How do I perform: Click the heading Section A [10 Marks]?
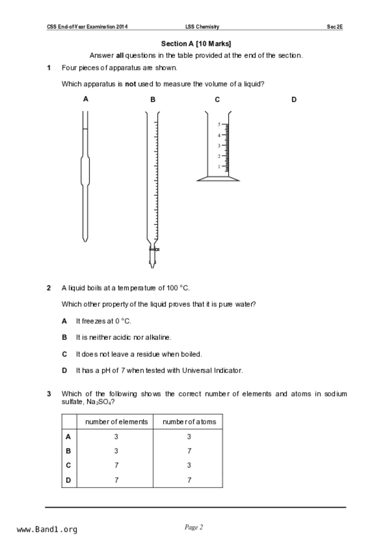tap(196, 44)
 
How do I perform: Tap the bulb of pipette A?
tap(85, 170)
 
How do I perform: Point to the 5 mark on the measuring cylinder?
tap(219, 124)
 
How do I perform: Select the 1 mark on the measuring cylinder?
tap(219, 167)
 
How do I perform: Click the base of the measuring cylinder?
tap(218, 179)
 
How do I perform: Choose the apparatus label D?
tap(294, 99)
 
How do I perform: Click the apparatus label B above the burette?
tap(153, 99)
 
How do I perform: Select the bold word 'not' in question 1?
tap(130, 84)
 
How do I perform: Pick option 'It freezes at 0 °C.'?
tap(103, 321)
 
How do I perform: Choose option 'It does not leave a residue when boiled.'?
tap(139, 354)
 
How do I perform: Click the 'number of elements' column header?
tap(116, 422)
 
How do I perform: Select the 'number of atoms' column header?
tap(189, 422)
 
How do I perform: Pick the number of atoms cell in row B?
tap(189, 451)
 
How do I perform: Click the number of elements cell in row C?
tap(116, 465)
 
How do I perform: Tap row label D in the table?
tap(68, 480)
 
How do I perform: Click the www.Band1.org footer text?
tap(47, 530)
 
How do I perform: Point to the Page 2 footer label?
tap(194, 527)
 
